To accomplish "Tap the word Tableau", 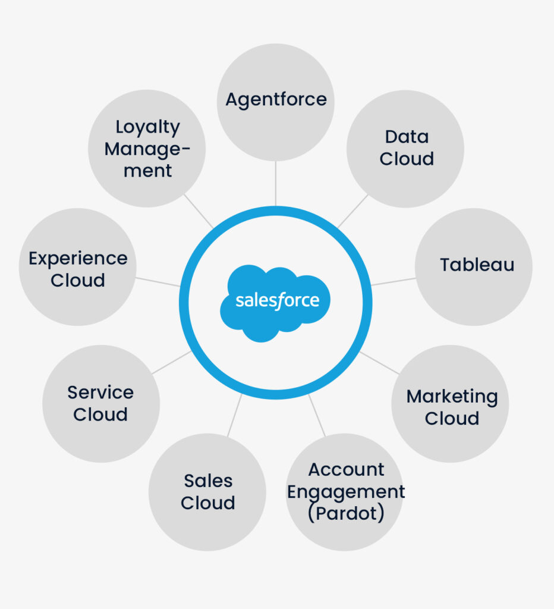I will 477,265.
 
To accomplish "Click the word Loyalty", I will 147,127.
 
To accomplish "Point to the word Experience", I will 78,259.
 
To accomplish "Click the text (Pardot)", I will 345,513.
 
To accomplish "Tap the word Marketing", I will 452,396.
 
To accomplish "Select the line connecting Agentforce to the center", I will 276,183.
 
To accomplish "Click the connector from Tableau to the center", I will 393,281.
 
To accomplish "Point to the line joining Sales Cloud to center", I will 234,415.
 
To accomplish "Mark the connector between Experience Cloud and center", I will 158,281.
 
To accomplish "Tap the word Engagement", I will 346,492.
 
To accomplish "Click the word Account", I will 346,470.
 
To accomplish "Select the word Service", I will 100,393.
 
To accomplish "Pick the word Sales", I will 207,481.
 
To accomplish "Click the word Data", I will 407,137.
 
